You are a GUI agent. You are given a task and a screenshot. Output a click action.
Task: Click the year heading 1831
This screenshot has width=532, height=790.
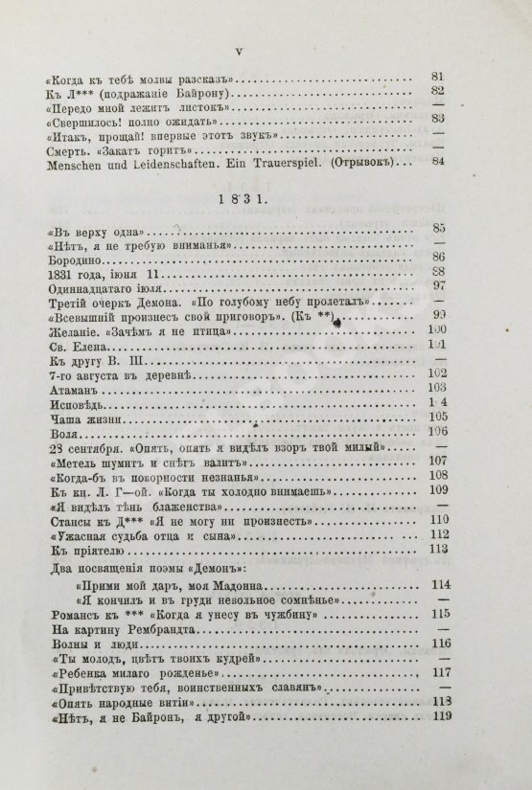click(x=266, y=198)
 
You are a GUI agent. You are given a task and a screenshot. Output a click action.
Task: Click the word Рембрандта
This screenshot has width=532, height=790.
click(x=170, y=633)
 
